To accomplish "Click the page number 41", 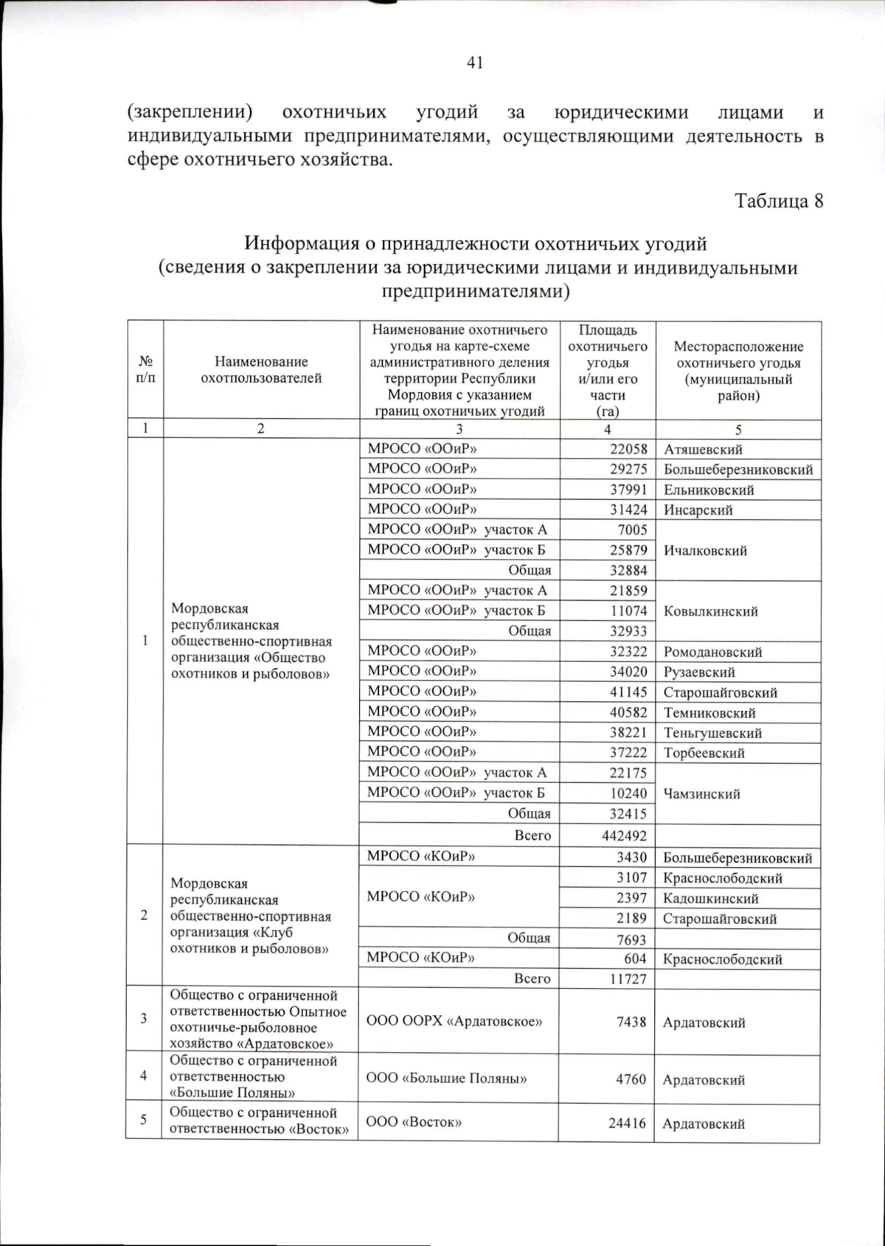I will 474,63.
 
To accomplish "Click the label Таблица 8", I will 778,201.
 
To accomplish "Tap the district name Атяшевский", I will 703,449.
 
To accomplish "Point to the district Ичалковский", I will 705,550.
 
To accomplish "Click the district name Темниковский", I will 709,712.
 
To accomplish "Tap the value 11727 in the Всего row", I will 626,978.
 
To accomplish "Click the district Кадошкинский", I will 710,898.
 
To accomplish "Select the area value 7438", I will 631,1022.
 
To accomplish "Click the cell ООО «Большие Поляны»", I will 446,1078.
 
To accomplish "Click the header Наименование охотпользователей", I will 261,370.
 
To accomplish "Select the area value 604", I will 635,958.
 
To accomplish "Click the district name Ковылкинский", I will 710,611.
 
